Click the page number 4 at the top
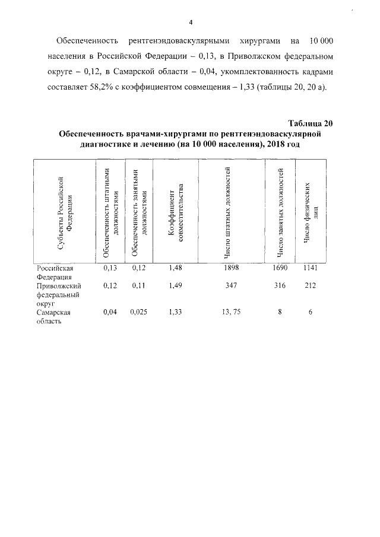coord(191,23)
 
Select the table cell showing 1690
coord(280,268)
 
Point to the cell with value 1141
coord(311,268)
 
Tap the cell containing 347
coord(231,286)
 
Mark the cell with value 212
coord(311,286)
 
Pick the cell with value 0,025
coord(140,312)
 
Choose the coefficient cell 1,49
coord(175,286)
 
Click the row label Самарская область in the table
coord(53,316)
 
